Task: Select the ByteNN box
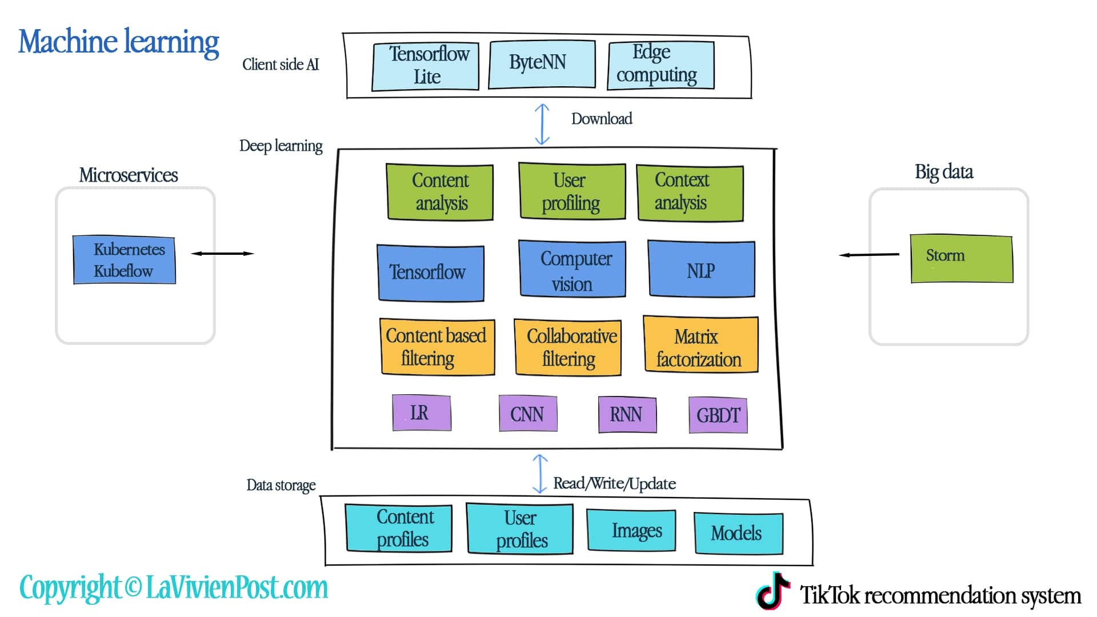[542, 64]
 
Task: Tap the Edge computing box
[661, 65]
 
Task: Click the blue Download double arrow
[542, 124]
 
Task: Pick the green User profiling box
[571, 191]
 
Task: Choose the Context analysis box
[690, 193]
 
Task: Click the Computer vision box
[572, 269]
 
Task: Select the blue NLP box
[702, 269]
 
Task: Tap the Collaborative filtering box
[568, 347]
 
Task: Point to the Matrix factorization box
[701, 345]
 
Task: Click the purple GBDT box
[718, 415]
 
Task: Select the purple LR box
[422, 412]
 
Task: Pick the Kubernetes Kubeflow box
[124, 260]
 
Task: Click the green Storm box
[961, 258]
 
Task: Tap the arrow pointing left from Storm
[869, 254]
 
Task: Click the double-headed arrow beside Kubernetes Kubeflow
[222, 253]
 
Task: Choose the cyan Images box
[631, 530]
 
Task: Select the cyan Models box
[738, 533]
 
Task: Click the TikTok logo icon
[773, 591]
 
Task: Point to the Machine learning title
[119, 42]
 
